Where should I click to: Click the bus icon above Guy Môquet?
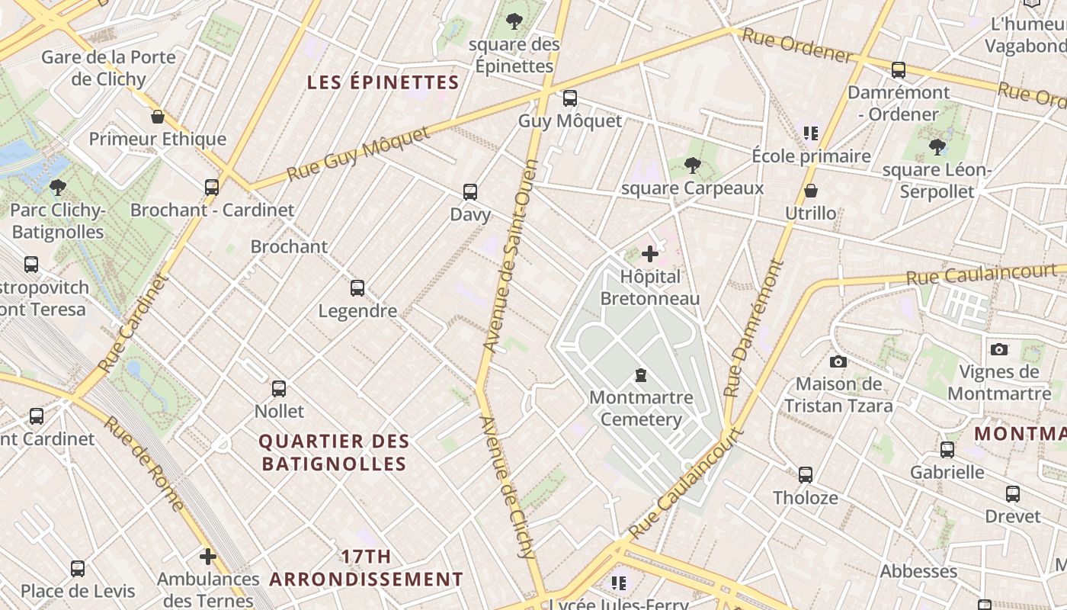[x=569, y=98]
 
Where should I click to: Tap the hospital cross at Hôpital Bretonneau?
[x=650, y=254]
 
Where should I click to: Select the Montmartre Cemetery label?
[x=641, y=408]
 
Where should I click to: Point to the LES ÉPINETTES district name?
[x=383, y=83]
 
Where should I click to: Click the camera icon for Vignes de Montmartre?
[x=998, y=350]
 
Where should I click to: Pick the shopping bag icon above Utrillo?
[x=811, y=191]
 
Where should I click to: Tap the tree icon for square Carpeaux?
[x=692, y=165]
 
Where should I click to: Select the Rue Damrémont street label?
[x=753, y=329]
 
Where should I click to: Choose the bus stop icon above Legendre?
[x=357, y=288]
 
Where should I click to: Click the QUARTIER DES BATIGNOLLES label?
[x=334, y=452]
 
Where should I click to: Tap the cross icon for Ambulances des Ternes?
[x=207, y=557]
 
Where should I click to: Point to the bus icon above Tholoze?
[x=805, y=475]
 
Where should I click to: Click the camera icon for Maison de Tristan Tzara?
[x=838, y=361]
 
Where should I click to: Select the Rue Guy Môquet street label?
[x=358, y=155]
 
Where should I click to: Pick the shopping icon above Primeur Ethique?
[x=158, y=117]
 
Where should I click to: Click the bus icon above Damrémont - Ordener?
[x=899, y=70]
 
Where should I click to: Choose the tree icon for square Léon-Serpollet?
[x=937, y=147]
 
